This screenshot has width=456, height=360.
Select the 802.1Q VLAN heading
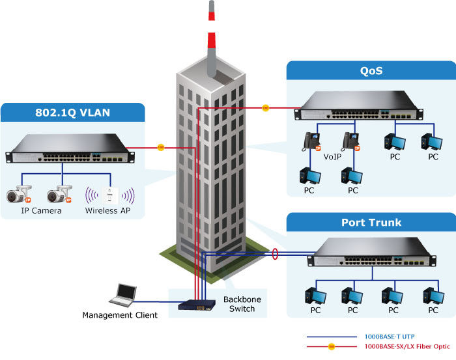[x=72, y=113]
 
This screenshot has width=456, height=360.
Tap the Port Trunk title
[x=371, y=223]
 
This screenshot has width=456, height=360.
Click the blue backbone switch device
[x=199, y=306]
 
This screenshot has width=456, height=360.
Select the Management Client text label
[x=120, y=316]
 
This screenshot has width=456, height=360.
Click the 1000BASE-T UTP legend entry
[x=388, y=337]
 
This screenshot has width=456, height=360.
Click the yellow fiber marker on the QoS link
[x=265, y=107]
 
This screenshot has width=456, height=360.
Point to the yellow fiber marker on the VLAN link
[x=160, y=148]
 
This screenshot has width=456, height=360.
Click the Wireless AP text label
[x=110, y=211]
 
